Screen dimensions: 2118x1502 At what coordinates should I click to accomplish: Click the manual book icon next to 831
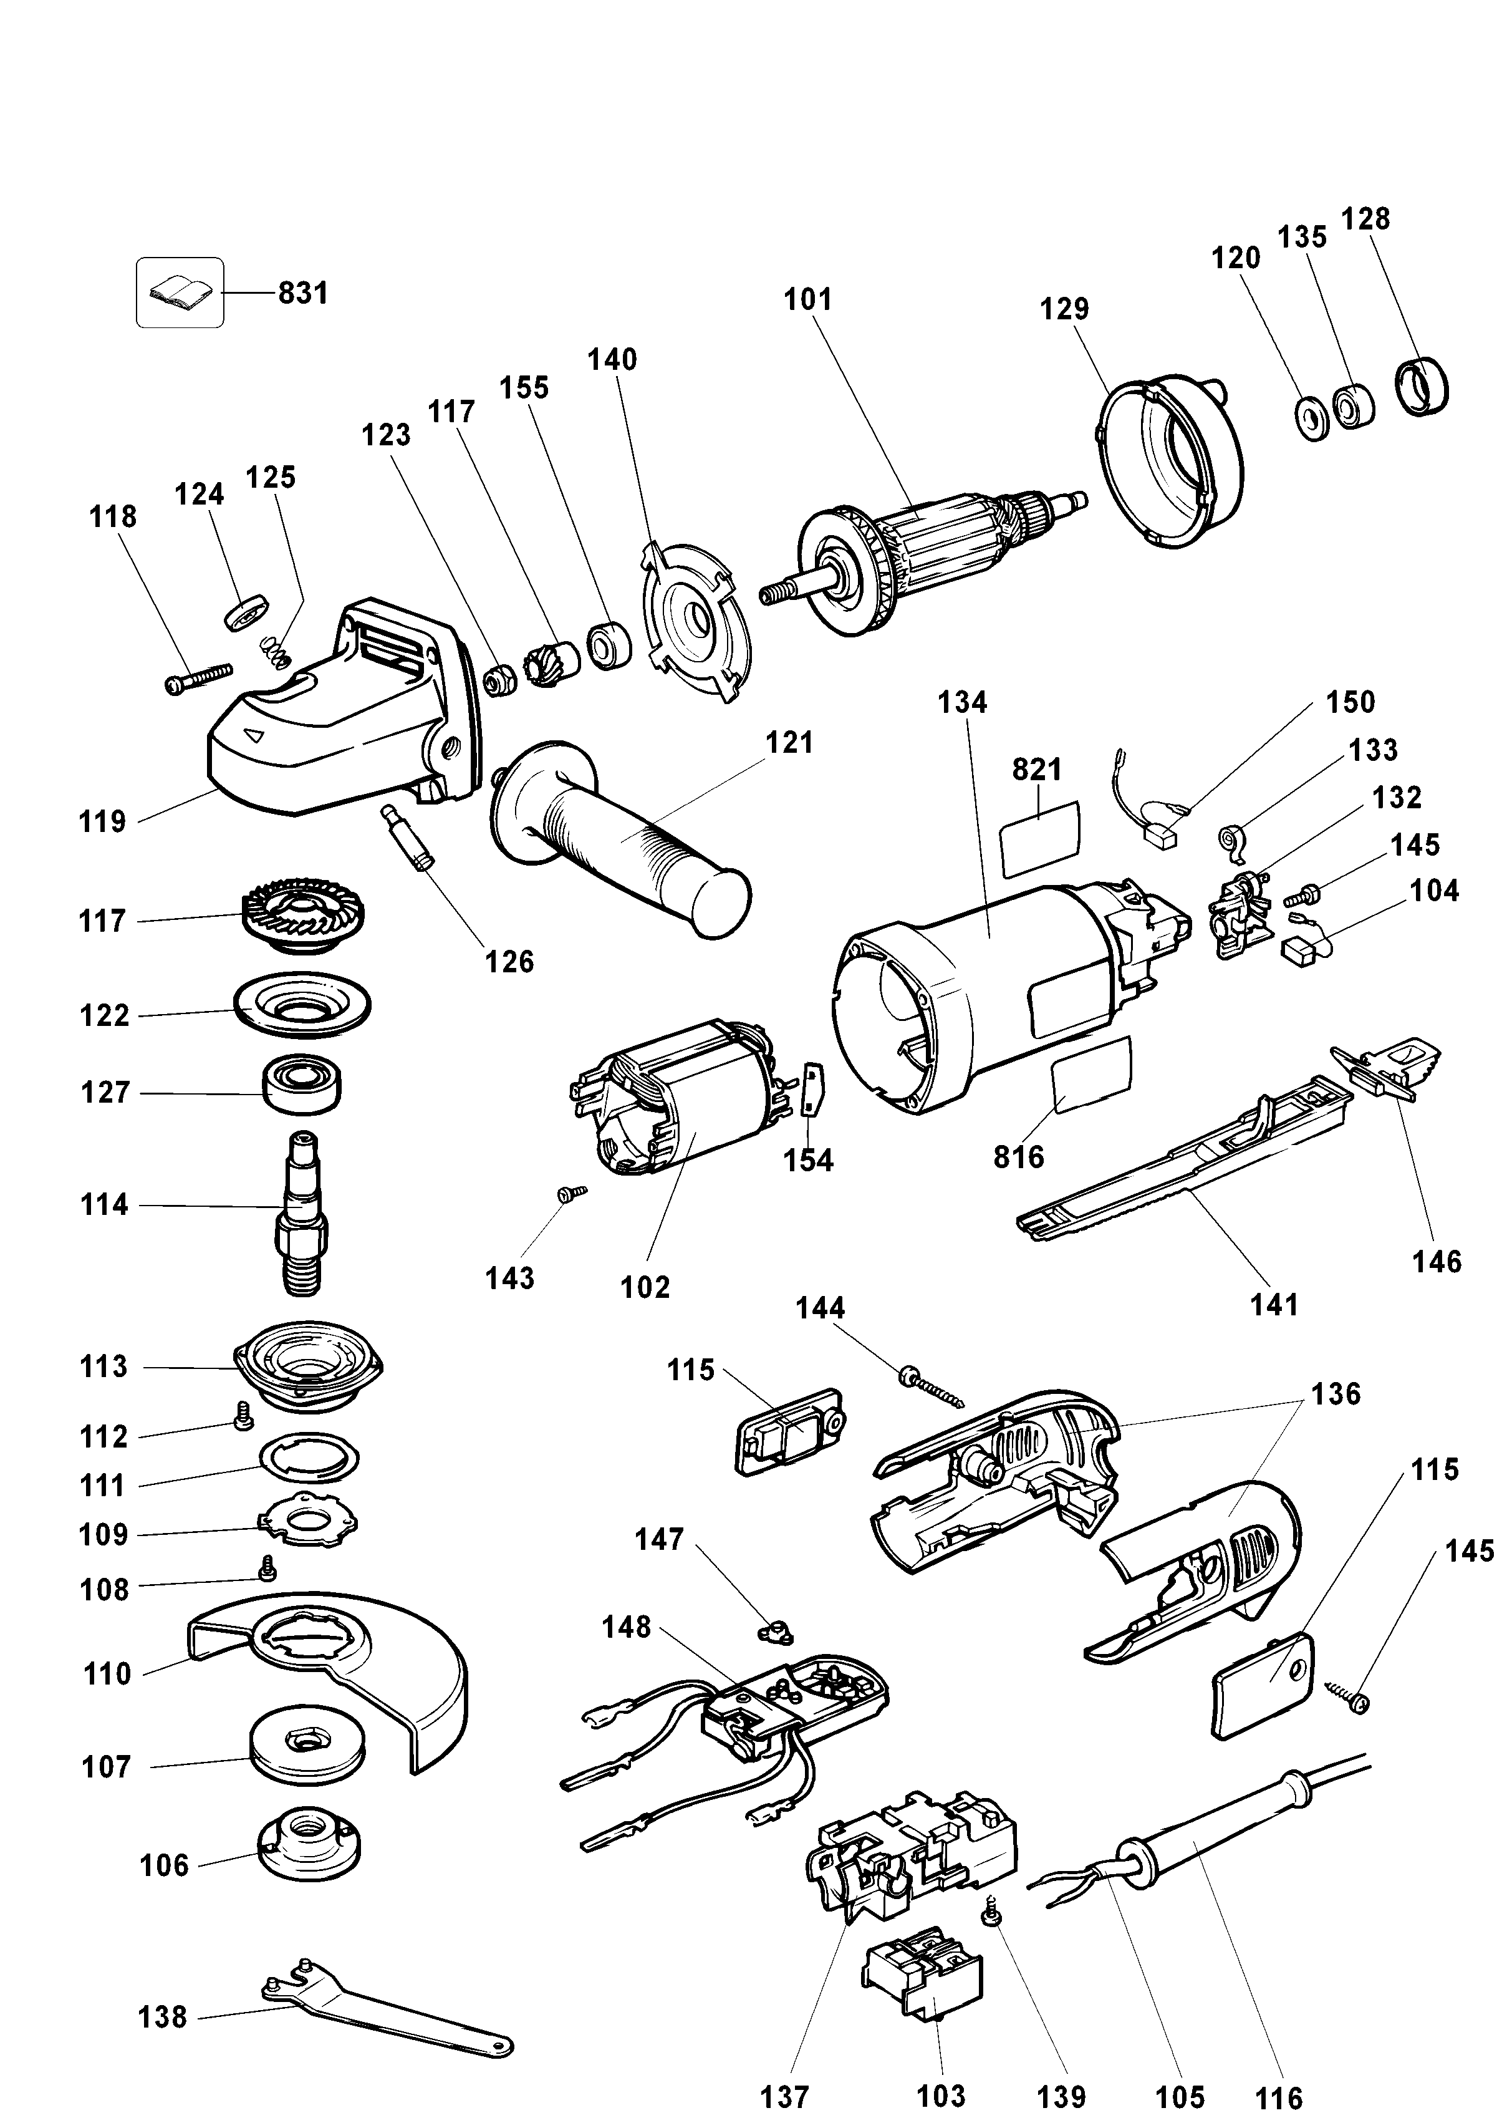click(180, 293)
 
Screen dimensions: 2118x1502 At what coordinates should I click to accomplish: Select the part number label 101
click(807, 299)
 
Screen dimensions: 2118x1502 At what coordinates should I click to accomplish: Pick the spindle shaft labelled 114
click(301, 1212)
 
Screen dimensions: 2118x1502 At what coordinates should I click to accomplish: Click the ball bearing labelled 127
click(302, 1086)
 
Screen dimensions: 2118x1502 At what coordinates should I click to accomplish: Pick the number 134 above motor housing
click(962, 703)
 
